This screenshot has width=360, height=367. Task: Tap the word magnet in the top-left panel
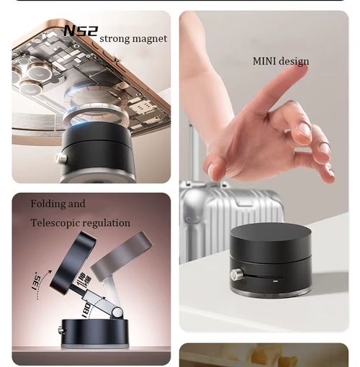pyautogui.click(x=148, y=38)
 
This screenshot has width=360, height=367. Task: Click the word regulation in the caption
pyautogui.click(x=108, y=223)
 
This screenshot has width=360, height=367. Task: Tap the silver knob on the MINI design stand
pyautogui.click(x=236, y=273)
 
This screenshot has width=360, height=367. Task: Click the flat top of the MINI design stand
pyautogui.click(x=270, y=237)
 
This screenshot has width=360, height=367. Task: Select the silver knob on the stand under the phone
pyautogui.click(x=62, y=158)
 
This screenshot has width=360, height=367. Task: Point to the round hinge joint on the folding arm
pyautogui.click(x=112, y=309)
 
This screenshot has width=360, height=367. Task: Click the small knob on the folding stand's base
pyautogui.click(x=61, y=330)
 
